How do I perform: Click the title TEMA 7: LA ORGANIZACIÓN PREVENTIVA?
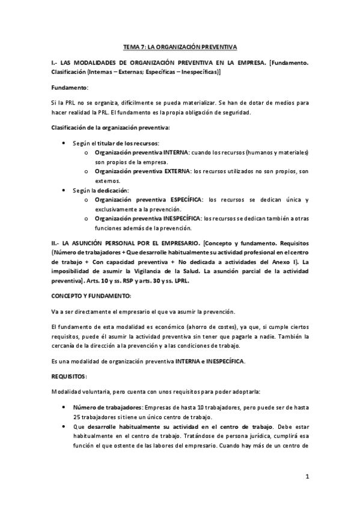[180, 46]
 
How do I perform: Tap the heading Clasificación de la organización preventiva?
[111, 127]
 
